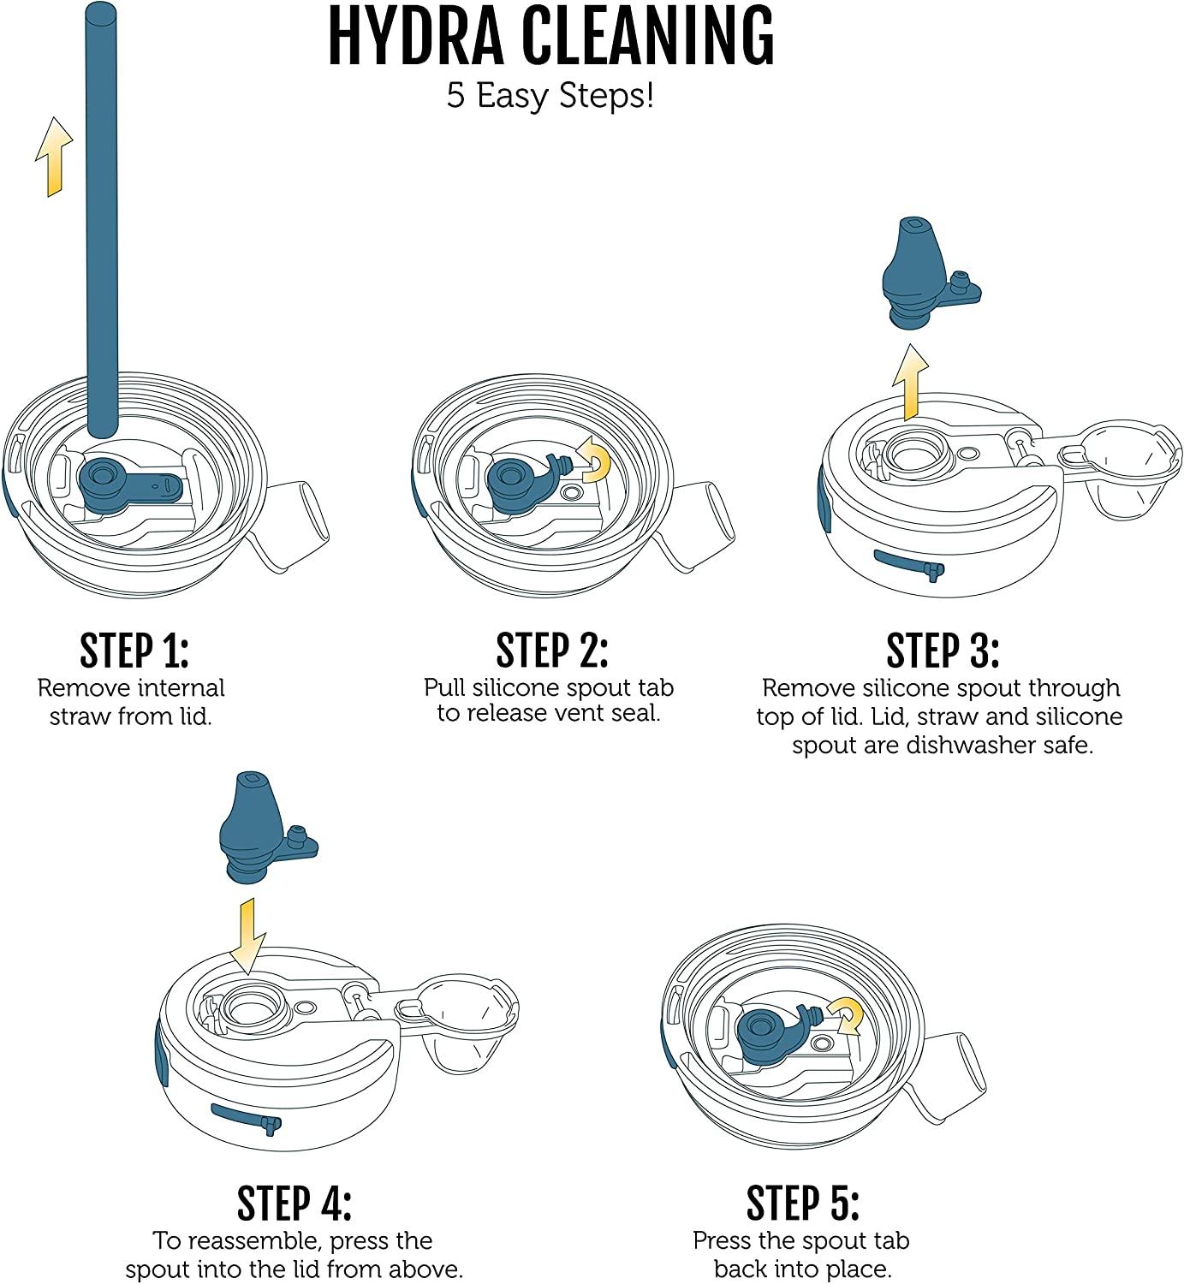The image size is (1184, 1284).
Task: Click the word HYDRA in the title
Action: coord(416,36)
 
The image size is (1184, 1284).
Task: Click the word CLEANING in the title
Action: coord(648,36)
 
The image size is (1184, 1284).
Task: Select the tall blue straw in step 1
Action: coord(102,220)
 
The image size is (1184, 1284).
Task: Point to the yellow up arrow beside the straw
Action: coord(54,157)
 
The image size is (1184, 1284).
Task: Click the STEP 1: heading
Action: coord(134,651)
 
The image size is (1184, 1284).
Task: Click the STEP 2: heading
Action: coord(551,651)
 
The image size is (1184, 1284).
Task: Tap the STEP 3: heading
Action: coord(943,651)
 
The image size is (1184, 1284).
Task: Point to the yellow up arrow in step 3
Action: coord(910,382)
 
